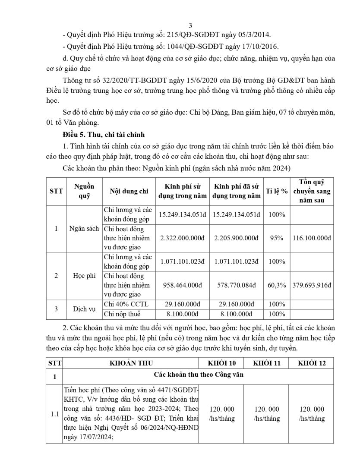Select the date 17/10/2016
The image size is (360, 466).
click(260, 46)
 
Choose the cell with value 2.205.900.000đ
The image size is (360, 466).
click(237, 237)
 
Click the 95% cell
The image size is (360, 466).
click(277, 237)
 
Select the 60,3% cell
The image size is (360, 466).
click(277, 285)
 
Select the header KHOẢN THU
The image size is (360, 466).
click(131, 363)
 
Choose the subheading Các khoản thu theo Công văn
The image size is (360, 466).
click(199, 375)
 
